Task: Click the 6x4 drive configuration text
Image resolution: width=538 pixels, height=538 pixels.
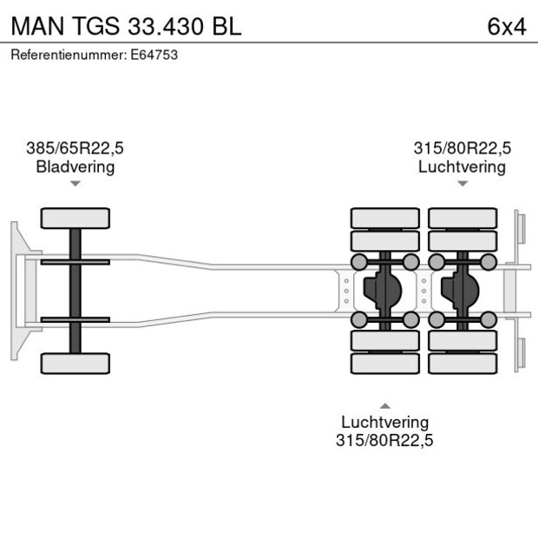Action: coord(507,26)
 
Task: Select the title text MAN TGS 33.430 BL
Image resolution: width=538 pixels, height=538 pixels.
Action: coord(126,26)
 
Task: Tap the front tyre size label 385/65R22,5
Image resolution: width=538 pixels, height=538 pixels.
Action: coord(75,148)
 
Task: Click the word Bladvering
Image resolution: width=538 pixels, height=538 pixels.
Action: coord(75,167)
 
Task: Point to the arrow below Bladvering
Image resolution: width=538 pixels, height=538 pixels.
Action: coord(75,184)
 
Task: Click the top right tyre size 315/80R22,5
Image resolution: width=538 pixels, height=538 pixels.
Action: coord(462,148)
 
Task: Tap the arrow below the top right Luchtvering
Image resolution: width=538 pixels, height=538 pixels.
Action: coord(463,184)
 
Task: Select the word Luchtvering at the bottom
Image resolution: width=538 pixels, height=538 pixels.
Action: coord(384,423)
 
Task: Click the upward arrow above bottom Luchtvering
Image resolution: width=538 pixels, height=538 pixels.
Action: coord(384,405)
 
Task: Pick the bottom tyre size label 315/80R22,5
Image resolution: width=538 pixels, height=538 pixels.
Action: coord(384,441)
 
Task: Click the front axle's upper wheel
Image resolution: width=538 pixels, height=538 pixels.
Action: coord(75,218)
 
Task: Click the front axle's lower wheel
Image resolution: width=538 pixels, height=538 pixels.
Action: coord(75,364)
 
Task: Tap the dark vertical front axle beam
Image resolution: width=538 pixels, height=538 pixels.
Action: coord(75,291)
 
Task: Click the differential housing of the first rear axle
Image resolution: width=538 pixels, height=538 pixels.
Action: coord(384,291)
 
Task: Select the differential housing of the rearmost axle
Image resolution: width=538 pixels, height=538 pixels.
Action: coord(462,291)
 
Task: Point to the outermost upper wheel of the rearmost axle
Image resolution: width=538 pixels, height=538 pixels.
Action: coord(463,217)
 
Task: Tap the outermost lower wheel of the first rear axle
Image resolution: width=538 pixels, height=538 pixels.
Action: coord(384,364)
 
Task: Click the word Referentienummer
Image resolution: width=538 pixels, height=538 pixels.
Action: coord(69,55)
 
